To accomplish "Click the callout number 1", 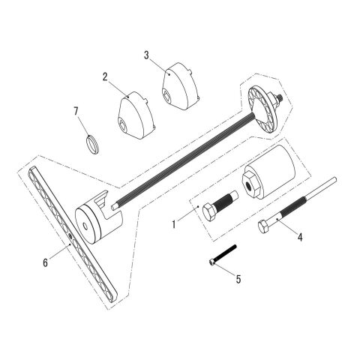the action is pos(174,224).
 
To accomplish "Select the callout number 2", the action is pos(105,77).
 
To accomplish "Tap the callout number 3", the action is pos(146,55).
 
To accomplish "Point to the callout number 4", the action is pos(300,237).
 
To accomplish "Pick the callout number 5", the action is pos(238,279).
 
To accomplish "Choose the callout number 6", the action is pos(45,262).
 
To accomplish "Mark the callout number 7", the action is pos(76,111).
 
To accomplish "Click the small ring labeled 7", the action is pos(92,144).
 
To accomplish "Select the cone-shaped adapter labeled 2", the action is pos(136,115).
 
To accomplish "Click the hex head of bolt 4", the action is pos(263,226).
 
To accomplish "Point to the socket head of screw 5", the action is pos(212,262).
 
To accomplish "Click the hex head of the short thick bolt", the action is pos(209,211).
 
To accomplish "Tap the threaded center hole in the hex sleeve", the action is pos(249,186).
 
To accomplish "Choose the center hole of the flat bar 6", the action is pos(70,235).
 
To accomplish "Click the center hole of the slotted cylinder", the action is pos(85,226).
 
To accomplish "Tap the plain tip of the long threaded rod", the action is pos(114,207).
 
